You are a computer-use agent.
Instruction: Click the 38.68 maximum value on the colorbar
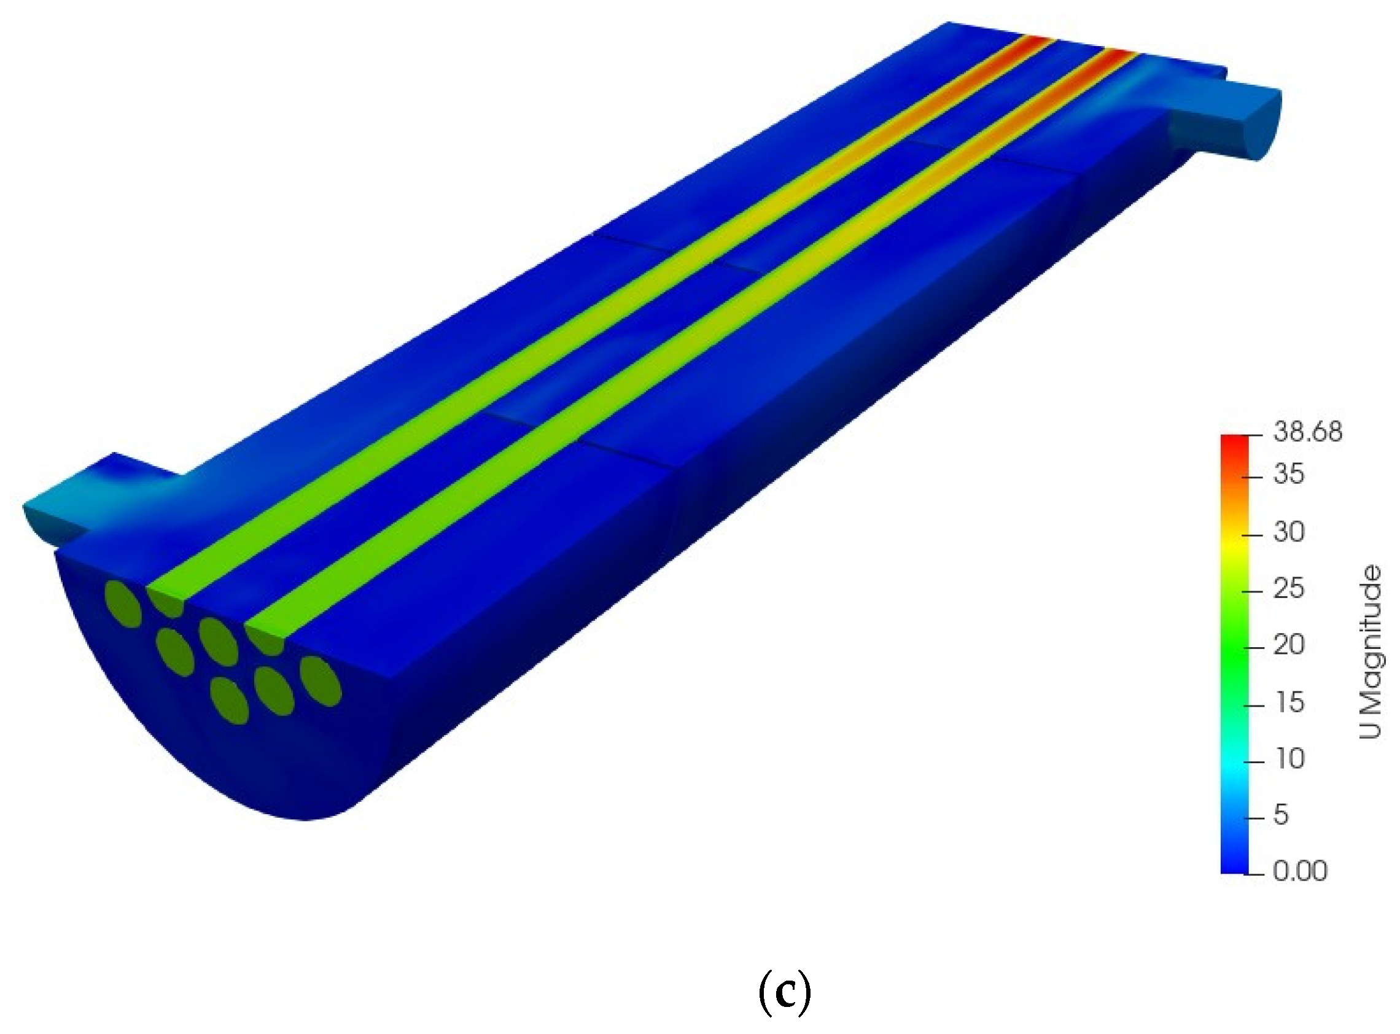point(1307,432)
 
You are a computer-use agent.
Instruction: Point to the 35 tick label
point(1289,475)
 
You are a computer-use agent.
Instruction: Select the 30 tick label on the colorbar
point(1289,532)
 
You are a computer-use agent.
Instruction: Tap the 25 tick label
point(1289,589)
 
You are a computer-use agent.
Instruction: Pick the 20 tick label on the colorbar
point(1289,645)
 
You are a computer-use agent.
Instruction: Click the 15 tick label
point(1289,703)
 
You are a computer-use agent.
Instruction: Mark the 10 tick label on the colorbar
point(1289,759)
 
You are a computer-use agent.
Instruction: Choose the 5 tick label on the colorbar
point(1281,815)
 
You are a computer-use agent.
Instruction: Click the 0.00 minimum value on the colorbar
point(1300,871)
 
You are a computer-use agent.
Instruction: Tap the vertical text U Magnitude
point(1371,651)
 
